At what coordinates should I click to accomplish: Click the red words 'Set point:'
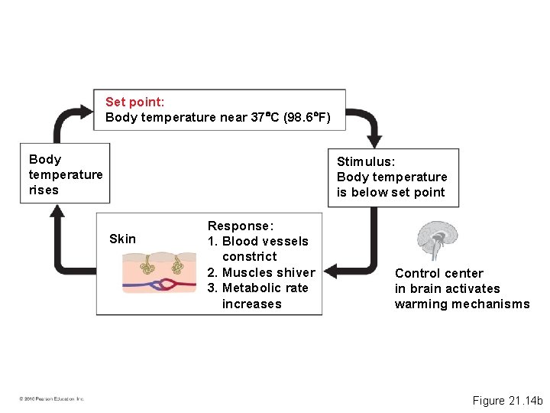tap(134, 102)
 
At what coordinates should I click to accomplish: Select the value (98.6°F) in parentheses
tap(307, 118)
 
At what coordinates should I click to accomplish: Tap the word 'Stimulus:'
tap(366, 161)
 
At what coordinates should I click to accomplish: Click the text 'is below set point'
tap(390, 192)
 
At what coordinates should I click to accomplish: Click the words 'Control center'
tap(438, 273)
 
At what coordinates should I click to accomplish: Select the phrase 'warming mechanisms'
tap(461, 304)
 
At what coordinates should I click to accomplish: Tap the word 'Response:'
tap(240, 226)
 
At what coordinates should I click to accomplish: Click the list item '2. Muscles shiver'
tap(260, 272)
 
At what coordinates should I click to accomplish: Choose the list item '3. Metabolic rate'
tap(257, 288)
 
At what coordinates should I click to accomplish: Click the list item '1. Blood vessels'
tap(257, 241)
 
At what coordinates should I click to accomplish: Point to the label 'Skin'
tap(122, 239)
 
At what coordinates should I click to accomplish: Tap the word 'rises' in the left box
tap(44, 190)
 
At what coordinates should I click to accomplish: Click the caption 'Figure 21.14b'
tap(506, 400)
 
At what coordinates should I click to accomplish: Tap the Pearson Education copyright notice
tap(52, 398)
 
